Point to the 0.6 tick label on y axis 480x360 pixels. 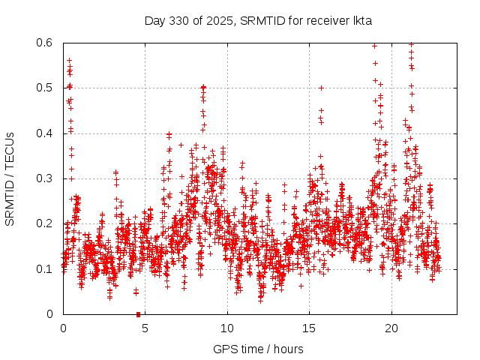[45, 43]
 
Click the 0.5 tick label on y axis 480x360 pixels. [45, 88]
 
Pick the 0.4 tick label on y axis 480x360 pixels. [45, 133]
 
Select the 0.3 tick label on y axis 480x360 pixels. [45, 178]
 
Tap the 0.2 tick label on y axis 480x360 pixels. [45, 223]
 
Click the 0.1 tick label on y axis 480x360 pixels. [45, 268]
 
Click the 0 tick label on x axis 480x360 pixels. [63, 328]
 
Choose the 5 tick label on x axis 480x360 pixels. [145, 328]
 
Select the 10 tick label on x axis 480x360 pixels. [226, 328]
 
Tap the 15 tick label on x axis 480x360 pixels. [309, 328]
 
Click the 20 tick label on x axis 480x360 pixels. [391, 328]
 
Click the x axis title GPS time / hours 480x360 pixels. [258, 349]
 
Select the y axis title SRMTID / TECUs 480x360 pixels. [10, 178]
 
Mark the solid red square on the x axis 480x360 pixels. [138, 314]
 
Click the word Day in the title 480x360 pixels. [154, 20]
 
